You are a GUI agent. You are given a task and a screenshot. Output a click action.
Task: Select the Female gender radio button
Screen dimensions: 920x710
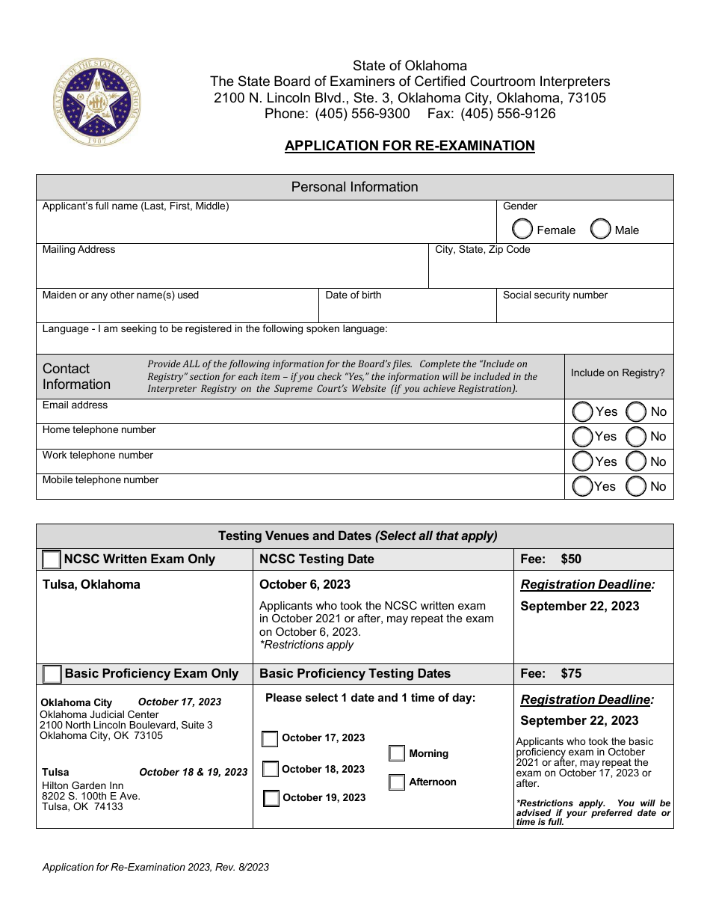pyautogui.click(x=523, y=229)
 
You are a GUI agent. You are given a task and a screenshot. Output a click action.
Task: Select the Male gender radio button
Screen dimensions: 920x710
pyautogui.click(x=601, y=229)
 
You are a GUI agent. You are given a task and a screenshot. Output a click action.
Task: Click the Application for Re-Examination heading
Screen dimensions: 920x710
pyautogui.click(x=410, y=146)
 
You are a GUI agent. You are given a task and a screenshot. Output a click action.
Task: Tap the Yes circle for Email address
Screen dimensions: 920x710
pyautogui.click(x=582, y=411)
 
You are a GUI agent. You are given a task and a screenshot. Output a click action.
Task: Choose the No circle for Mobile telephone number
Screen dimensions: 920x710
pyautogui.click(x=636, y=486)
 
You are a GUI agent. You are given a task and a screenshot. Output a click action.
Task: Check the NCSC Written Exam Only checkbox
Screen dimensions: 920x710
pyautogui.click(x=52, y=559)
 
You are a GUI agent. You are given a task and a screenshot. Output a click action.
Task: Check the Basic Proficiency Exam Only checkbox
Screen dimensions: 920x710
pyautogui.click(x=52, y=674)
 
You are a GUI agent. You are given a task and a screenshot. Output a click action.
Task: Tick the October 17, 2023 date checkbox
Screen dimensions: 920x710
pyautogui.click(x=270, y=739)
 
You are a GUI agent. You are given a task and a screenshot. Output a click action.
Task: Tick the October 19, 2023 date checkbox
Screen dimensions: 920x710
pyautogui.click(x=271, y=798)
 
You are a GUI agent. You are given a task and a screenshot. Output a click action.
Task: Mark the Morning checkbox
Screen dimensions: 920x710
pyautogui.click(x=397, y=753)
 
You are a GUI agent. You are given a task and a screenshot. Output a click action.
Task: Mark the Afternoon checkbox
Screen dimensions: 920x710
pyautogui.click(x=397, y=782)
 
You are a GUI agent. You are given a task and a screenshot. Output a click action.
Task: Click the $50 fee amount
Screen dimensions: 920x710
pyautogui.click(x=571, y=559)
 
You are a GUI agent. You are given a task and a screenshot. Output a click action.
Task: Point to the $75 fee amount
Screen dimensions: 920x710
pyautogui.click(x=571, y=673)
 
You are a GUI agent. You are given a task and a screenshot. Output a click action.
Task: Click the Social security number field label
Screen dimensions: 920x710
pyautogui.click(x=555, y=295)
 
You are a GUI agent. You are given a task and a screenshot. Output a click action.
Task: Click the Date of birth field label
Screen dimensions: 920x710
pyautogui.click(x=353, y=295)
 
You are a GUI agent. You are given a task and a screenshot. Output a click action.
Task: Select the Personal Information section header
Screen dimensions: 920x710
pyautogui.click(x=354, y=187)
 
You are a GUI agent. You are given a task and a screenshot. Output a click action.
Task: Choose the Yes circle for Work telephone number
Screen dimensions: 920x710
pyautogui.click(x=582, y=461)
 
